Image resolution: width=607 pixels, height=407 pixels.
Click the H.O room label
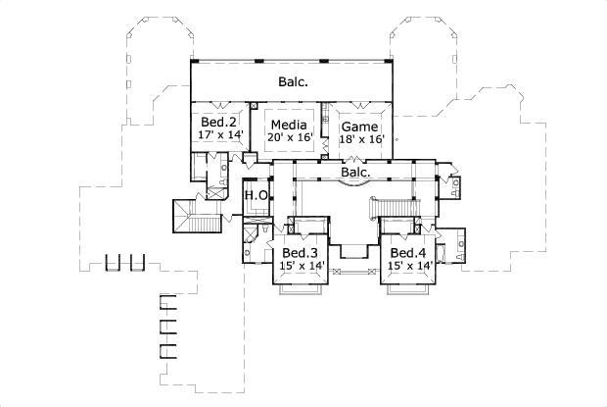[256, 194]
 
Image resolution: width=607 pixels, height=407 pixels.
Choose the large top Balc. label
[293, 81]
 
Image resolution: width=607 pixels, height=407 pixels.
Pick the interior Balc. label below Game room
[355, 173]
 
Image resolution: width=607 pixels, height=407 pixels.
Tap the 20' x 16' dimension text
[290, 138]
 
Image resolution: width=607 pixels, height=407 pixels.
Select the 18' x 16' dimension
[361, 139]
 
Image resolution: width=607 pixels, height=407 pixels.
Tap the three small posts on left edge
[124, 263]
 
